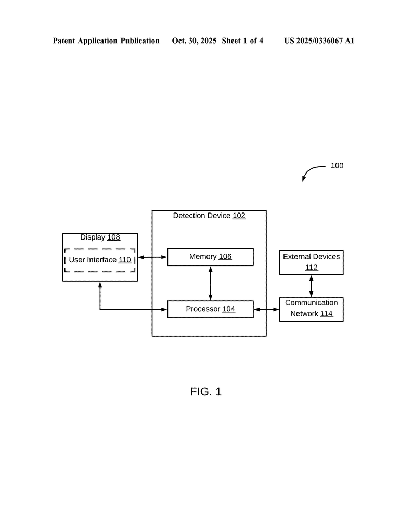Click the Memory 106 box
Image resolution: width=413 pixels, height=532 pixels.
click(210, 257)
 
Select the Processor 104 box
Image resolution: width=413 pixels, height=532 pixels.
click(210, 309)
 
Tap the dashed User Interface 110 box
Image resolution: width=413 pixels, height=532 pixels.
click(100, 260)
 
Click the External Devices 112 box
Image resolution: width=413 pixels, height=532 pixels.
click(311, 262)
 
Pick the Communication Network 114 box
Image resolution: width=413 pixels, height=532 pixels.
click(311, 309)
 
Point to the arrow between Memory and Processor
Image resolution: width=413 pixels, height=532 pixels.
click(210, 283)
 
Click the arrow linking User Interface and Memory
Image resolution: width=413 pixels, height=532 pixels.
click(152, 257)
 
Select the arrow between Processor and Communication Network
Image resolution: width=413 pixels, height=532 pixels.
click(266, 309)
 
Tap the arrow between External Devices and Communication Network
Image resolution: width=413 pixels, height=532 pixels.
click(311, 286)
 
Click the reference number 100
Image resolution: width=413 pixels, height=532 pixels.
click(337, 166)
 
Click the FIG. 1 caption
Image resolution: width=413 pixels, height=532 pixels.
click(206, 392)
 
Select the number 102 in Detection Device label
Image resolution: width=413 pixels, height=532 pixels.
click(239, 216)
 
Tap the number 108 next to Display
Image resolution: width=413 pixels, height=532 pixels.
click(113, 237)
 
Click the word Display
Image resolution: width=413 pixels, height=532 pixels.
click(93, 237)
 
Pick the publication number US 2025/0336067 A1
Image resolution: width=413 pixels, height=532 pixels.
click(319, 41)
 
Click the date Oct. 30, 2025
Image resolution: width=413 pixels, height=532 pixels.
click(194, 41)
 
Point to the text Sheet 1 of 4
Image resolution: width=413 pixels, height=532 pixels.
click(242, 41)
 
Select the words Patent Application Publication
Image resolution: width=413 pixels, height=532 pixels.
click(106, 41)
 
